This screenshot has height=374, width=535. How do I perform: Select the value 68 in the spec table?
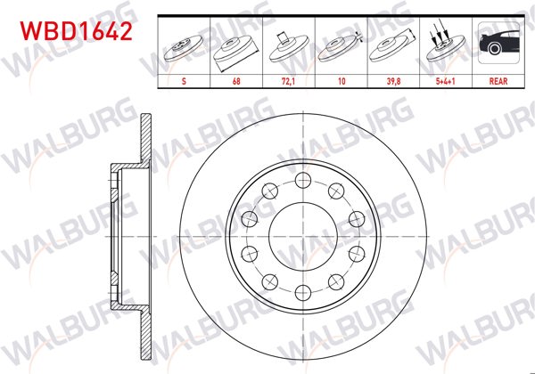(x=235, y=79)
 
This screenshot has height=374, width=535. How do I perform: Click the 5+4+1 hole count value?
(x=446, y=79)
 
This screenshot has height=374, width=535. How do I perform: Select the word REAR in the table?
(x=498, y=79)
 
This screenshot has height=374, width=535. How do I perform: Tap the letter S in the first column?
(x=183, y=79)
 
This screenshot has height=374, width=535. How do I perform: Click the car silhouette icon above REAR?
(x=498, y=45)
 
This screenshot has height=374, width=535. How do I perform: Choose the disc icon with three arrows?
(x=446, y=45)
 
